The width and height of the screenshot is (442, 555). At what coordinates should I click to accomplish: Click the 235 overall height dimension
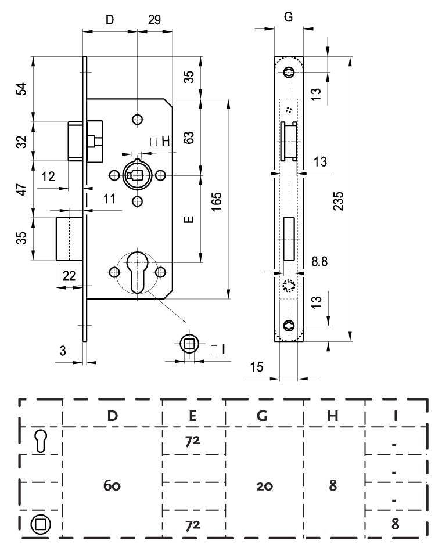click(339, 201)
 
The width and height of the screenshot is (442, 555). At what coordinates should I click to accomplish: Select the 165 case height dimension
click(217, 202)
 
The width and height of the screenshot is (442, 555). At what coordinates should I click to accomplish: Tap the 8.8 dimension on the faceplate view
click(319, 262)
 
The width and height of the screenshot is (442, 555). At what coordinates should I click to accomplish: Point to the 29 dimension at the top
click(154, 20)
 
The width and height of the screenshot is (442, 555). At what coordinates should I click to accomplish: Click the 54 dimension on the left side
click(21, 88)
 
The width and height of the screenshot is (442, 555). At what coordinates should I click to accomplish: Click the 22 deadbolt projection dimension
click(69, 275)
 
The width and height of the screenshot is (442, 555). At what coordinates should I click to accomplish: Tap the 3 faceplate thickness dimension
click(63, 351)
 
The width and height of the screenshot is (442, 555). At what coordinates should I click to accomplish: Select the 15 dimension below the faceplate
click(256, 367)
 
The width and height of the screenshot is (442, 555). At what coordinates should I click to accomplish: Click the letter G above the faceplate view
click(289, 17)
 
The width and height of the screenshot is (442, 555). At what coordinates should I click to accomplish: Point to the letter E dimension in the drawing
click(189, 219)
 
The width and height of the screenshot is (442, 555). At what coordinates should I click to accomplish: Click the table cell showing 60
click(112, 485)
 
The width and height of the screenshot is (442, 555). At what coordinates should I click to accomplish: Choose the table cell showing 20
click(265, 486)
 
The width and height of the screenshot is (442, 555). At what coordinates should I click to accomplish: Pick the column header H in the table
click(333, 416)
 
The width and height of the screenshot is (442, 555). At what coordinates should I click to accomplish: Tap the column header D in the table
click(112, 416)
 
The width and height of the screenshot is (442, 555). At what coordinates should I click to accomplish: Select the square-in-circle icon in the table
click(41, 524)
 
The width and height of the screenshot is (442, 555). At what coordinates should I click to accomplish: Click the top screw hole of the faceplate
click(289, 73)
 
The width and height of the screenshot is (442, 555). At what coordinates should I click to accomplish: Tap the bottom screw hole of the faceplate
click(289, 325)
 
